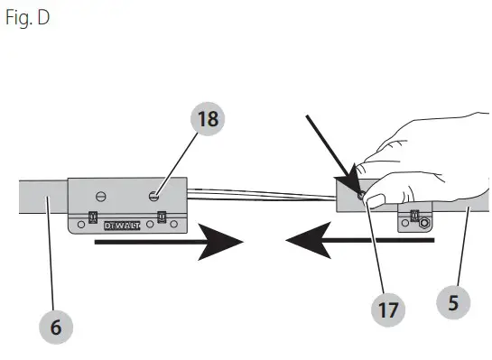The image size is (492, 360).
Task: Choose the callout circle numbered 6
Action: pos(56,326)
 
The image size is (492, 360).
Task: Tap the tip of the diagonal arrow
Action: pos(354,189)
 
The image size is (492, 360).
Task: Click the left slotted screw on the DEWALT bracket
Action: pos(101,195)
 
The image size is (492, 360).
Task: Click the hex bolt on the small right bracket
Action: pos(422,223)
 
